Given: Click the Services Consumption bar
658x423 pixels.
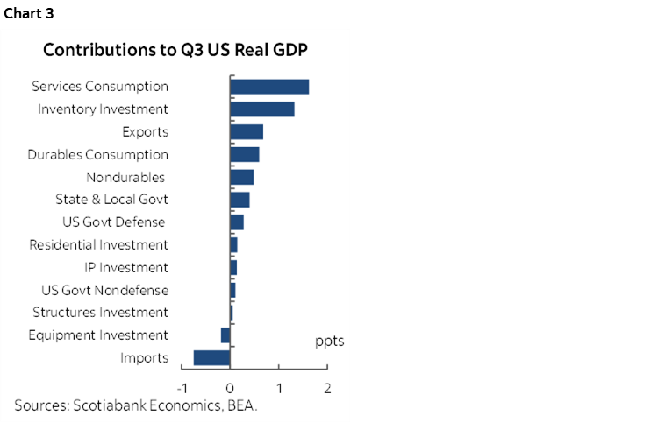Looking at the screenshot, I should [269, 87].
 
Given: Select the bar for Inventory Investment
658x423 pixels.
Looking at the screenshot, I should [262, 109].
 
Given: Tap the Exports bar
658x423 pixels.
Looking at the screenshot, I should [247, 132].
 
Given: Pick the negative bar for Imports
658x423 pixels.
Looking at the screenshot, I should [211, 357].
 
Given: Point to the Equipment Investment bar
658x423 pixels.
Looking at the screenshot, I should [225, 335].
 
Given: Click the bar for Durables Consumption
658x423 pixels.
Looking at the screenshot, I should [244, 155].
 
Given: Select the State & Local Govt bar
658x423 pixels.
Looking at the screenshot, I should [240, 200].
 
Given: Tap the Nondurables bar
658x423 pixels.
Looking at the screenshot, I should [241, 177].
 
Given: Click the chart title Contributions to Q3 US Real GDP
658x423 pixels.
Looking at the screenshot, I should [175, 50].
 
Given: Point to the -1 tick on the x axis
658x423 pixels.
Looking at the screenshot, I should [182, 388].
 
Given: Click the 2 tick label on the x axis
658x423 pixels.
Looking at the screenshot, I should [327, 388].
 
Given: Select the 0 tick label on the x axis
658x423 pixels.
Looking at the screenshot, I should [230, 388].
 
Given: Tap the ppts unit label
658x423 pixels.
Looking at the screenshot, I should [329, 341].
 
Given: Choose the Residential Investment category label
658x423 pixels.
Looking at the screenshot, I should [98, 245].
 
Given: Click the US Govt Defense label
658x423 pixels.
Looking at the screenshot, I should [114, 222].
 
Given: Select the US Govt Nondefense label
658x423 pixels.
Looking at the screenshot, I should [104, 290].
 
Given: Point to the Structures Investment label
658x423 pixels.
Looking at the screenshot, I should [100, 313].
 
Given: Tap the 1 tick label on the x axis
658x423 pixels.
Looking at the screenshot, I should [279, 388].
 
